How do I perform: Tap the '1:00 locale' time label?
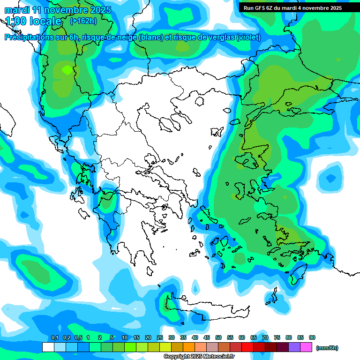pos(34,21)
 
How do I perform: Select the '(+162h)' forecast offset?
pos(84,21)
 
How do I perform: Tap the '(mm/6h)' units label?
pos(327,348)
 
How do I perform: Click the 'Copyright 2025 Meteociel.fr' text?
pos(199,357)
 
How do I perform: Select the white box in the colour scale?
pos(48,347)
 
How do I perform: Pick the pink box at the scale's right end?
pos(306,347)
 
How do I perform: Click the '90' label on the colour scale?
pos(312,337)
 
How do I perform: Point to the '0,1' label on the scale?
pos(55,337)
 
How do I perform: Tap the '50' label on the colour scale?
pos(218,337)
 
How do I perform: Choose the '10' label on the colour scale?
pos(125,337)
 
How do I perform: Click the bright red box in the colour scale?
pos(247,347)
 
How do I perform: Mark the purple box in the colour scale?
pos(294,347)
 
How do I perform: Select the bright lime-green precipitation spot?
pos(67,70)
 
